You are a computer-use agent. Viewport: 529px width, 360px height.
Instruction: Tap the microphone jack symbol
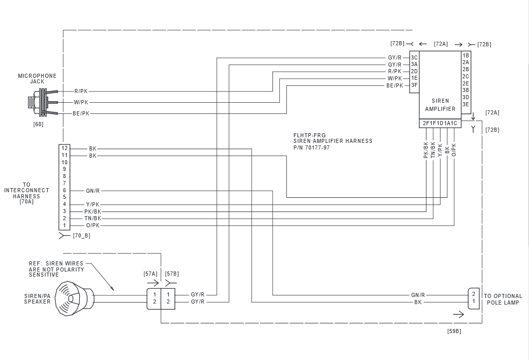(42, 102)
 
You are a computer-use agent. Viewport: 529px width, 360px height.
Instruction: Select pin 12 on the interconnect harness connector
(65, 148)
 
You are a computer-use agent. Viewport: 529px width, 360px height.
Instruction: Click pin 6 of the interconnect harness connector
(65, 190)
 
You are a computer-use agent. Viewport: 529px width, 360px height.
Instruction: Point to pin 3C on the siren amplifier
(414, 57)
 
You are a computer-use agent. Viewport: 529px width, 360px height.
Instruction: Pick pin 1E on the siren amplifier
(414, 78)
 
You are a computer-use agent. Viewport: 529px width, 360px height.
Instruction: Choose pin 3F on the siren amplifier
(414, 85)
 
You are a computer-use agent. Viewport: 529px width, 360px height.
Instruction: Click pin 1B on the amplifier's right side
(466, 55)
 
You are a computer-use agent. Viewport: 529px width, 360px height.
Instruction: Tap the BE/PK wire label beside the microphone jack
(81, 114)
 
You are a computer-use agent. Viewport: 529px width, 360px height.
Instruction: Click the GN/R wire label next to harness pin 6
(93, 191)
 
